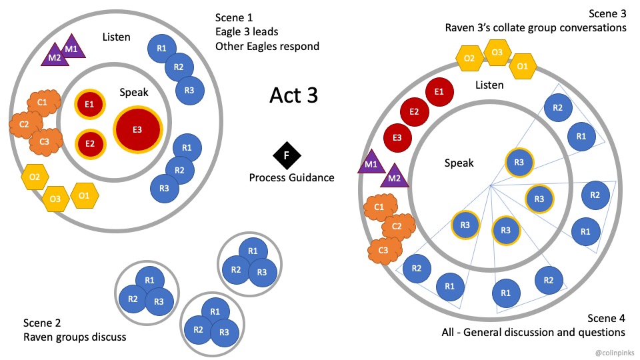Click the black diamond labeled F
tap(287, 155)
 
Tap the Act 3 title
tap(293, 95)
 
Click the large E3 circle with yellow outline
tap(137, 129)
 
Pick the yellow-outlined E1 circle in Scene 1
tap(89, 104)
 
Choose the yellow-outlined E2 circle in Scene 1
tap(89, 142)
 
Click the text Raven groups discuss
tap(74, 337)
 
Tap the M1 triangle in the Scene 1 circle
tap(71, 48)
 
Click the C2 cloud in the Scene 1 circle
tap(24, 123)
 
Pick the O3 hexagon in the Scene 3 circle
tap(497, 52)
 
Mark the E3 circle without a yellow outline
tap(397, 137)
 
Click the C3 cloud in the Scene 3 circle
tap(381, 251)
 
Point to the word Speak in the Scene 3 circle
tap(459, 163)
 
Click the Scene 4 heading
tap(606, 317)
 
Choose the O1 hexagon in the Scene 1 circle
tap(84, 195)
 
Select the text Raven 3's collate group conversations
tap(535, 28)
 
